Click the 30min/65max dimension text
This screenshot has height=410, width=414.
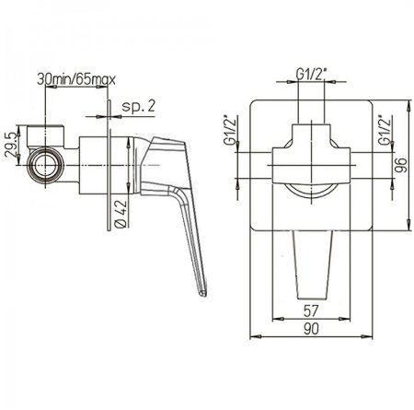coord(76,79)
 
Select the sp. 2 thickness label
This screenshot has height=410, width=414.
coord(139,106)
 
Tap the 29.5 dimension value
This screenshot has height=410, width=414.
coord(10,145)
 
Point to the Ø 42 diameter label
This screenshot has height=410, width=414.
coord(121,214)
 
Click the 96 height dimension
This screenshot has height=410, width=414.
coord(400,165)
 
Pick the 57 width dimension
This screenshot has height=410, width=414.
coord(311,310)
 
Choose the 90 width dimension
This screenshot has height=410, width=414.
coord(311,329)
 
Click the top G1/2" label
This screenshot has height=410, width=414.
coord(311,75)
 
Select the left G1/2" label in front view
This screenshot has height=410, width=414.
coord(231,129)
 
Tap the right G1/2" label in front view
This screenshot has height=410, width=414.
coord(385,129)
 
